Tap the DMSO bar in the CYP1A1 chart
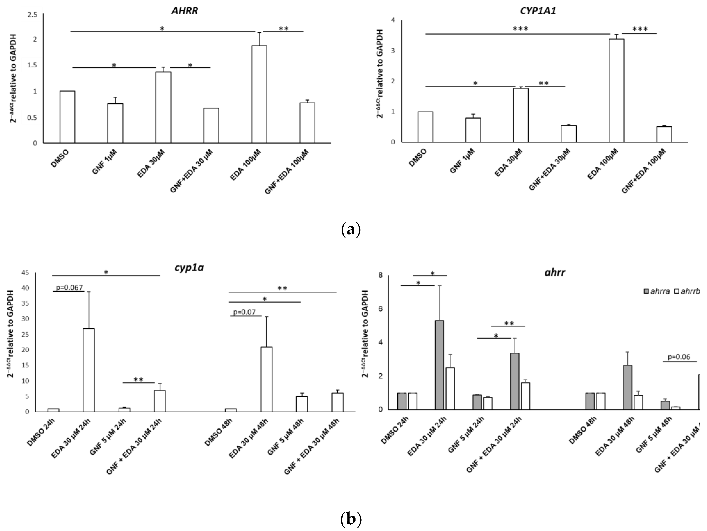(425, 127)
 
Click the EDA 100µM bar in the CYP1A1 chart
(617, 91)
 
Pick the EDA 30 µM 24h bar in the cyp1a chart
(89, 370)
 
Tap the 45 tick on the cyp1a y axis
(25, 272)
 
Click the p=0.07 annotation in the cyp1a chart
(245, 312)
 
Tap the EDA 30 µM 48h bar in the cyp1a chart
(267, 379)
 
